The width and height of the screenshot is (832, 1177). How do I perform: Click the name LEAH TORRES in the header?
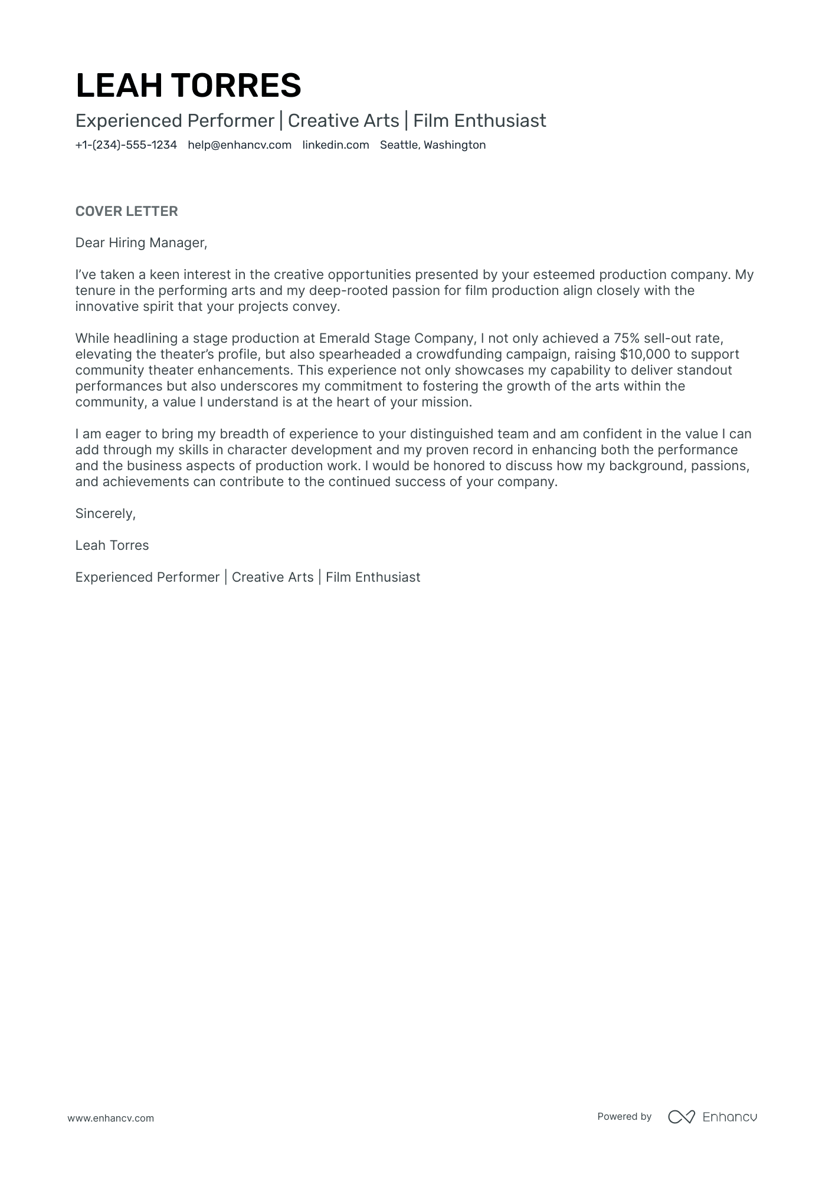pos(188,85)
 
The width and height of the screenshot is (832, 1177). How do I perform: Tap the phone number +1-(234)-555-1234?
pos(126,145)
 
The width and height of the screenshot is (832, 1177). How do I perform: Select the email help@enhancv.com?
pos(240,145)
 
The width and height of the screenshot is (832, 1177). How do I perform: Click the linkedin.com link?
pos(335,145)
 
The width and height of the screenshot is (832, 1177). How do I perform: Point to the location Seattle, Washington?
pos(433,145)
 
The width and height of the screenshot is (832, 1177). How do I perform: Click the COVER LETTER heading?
pos(126,211)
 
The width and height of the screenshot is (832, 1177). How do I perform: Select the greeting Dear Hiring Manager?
pos(141,243)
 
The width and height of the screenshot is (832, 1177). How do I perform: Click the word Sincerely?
pos(105,514)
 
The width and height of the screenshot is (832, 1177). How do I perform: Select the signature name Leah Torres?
pos(112,546)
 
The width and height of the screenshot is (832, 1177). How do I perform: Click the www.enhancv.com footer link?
pos(110,1118)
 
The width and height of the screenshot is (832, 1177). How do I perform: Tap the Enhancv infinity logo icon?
pos(681,1117)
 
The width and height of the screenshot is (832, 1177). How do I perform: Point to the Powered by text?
pos(624,1117)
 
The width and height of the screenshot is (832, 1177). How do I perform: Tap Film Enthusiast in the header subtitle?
pos(479,121)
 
